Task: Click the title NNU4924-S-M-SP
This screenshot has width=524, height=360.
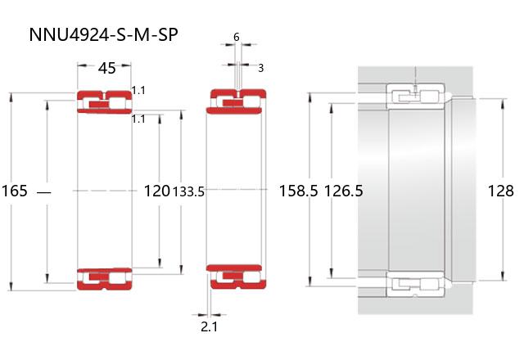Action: [103, 34]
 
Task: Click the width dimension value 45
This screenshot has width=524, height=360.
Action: [107, 68]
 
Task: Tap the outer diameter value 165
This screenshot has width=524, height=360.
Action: [14, 191]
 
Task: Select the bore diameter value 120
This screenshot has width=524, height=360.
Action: [156, 191]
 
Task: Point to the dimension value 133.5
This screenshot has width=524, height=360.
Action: [188, 191]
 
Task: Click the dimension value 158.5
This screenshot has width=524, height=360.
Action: [298, 191]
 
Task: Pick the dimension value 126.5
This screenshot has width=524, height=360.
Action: [344, 191]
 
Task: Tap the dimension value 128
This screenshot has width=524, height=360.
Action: [500, 191]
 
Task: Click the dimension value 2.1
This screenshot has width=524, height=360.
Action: [210, 326]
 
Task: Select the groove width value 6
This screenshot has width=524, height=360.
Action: [237, 37]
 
